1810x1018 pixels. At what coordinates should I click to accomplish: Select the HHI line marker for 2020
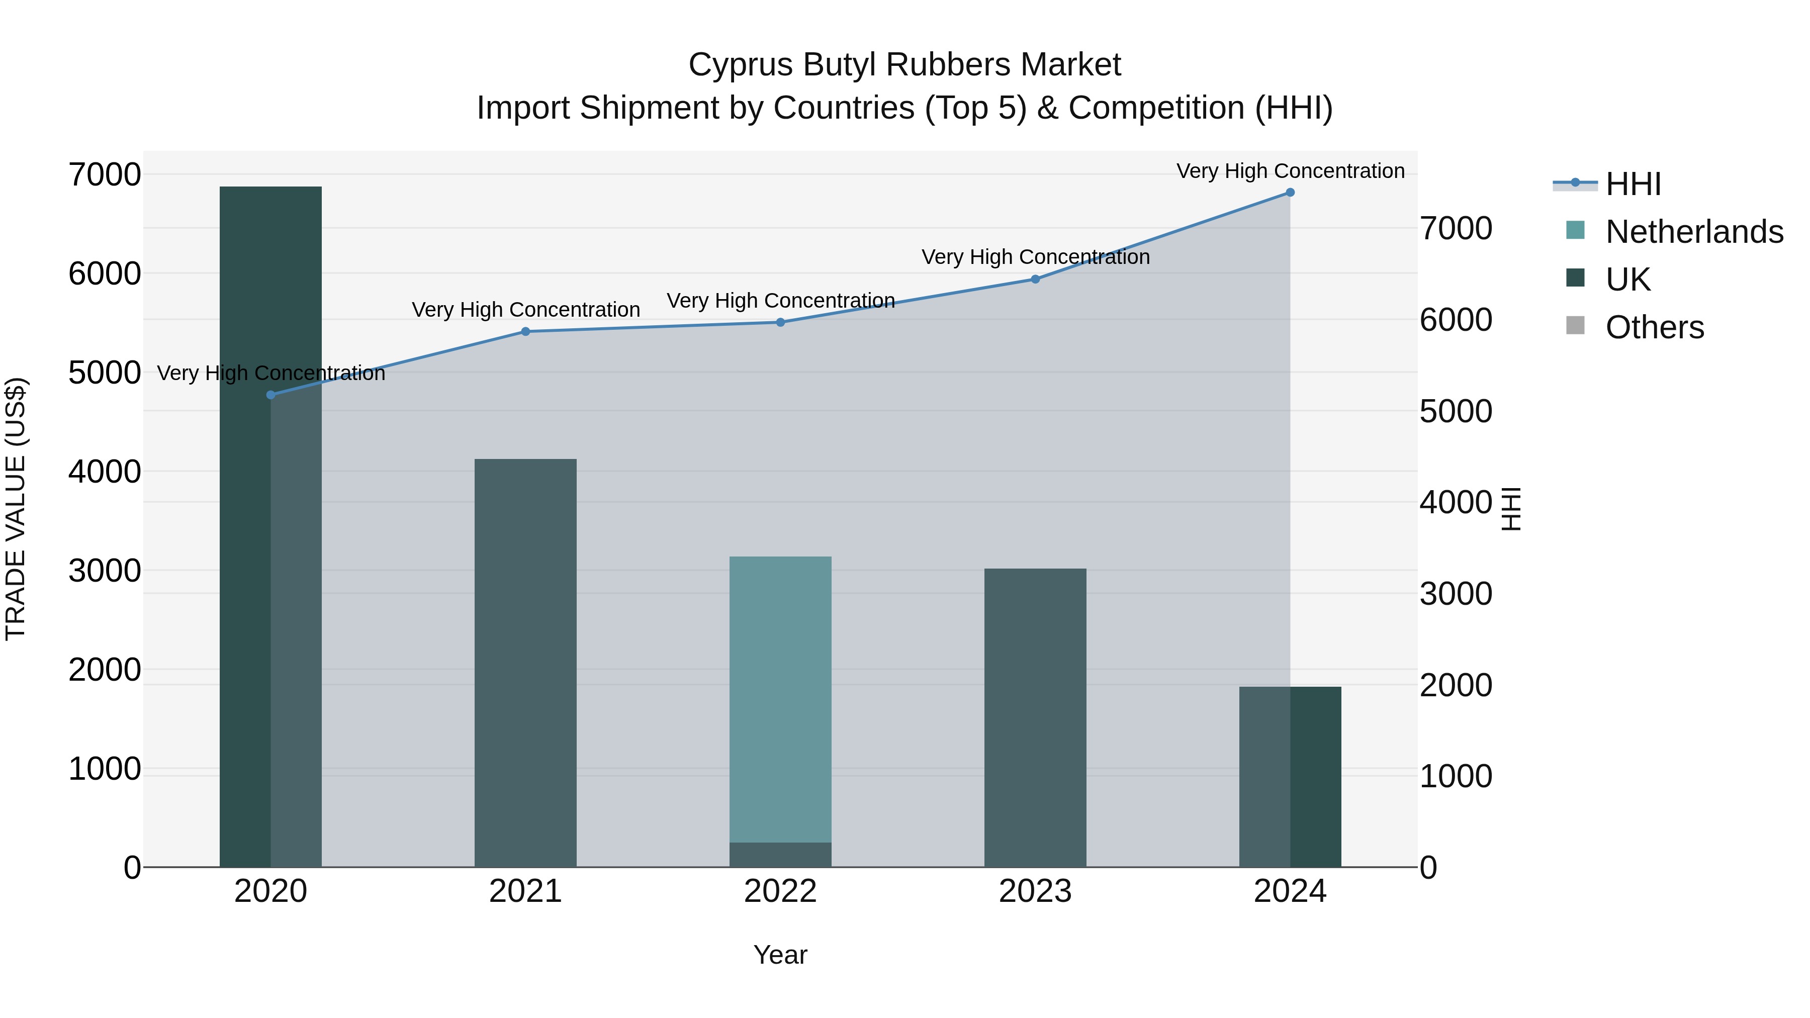270,395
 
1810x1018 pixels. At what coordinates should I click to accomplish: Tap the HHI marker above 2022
780,322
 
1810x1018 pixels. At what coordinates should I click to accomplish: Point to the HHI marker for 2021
525,332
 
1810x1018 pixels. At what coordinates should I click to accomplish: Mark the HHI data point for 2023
1035,279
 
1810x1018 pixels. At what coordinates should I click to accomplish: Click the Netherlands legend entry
1693,232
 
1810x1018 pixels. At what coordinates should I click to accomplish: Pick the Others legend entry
1654,327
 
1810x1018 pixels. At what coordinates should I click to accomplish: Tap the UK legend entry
1627,280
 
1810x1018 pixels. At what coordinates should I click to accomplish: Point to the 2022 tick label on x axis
780,891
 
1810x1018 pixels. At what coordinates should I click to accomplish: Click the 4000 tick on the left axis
104,472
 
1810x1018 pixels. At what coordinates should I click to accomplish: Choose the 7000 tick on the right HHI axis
1456,228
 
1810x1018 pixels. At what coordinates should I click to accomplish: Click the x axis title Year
780,955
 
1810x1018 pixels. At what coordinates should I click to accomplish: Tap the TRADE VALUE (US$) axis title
16,509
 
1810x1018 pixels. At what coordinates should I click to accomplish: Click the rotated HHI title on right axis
1511,509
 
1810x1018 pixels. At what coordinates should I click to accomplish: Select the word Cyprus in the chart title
741,65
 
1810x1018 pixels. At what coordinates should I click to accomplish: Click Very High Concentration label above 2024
1290,171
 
